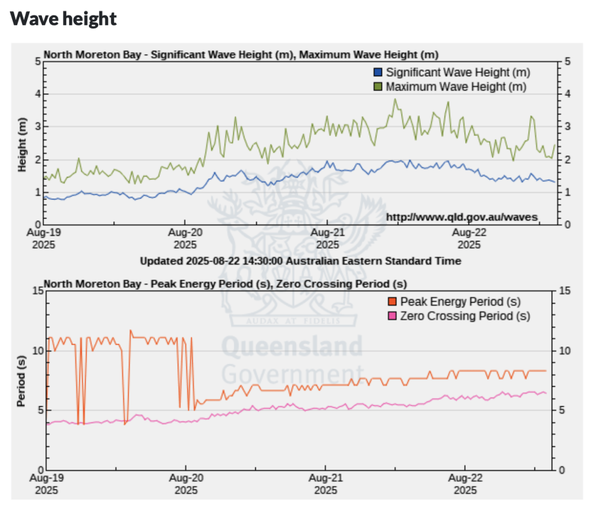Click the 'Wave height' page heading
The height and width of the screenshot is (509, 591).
click(x=63, y=19)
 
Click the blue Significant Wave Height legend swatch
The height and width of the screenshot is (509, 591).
click(x=379, y=73)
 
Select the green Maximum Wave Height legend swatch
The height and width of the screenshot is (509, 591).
click(x=379, y=87)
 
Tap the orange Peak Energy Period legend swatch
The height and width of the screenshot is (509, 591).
click(x=393, y=301)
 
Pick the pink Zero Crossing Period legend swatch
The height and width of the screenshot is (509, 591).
click(x=393, y=316)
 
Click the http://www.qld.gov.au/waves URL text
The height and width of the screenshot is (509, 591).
click(x=462, y=217)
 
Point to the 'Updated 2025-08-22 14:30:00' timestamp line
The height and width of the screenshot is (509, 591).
click(x=301, y=261)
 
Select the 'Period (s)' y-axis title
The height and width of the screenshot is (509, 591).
click(x=23, y=380)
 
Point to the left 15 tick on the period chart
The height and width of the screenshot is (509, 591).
click(x=38, y=291)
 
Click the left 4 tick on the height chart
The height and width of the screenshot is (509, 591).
click(x=38, y=94)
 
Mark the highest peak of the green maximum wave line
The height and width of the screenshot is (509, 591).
click(x=395, y=99)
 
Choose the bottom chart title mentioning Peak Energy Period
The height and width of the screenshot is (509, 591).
click(x=225, y=284)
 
